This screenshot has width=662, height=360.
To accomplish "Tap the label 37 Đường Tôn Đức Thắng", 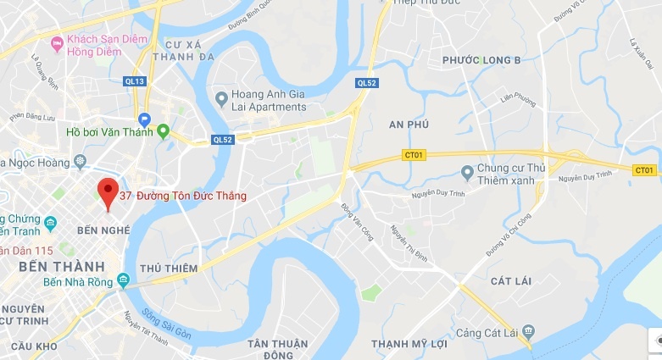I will pyautogui.click(x=183, y=196).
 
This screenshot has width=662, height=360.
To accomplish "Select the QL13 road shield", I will pyautogui.click(x=136, y=81).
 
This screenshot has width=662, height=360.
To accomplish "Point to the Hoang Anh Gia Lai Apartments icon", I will pyautogui.click(x=221, y=99).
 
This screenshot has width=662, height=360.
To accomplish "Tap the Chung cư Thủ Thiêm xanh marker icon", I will pyautogui.click(x=466, y=173).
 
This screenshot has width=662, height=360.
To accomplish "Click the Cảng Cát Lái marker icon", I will pyautogui.click(x=529, y=330).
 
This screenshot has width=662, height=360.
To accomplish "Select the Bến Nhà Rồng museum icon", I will pyautogui.click(x=124, y=280).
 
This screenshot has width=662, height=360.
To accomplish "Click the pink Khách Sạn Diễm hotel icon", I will pyautogui.click(x=57, y=42).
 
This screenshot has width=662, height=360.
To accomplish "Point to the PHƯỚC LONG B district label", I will pyautogui.click(x=481, y=60).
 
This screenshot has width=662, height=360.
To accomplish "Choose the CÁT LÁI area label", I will pyautogui.click(x=511, y=280).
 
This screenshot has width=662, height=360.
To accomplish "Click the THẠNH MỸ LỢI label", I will pyautogui.click(x=410, y=343).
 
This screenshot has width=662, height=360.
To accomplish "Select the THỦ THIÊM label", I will pyautogui.click(x=169, y=268).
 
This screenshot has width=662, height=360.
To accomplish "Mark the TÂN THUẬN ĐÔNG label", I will pyautogui.click(x=275, y=349).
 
